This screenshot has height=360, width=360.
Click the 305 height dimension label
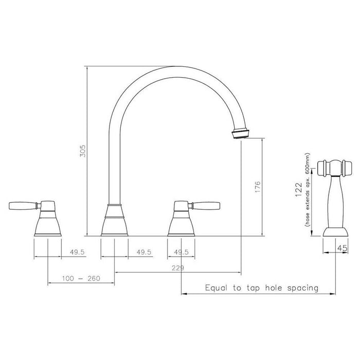[82, 151]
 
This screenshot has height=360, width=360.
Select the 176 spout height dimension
[258, 187]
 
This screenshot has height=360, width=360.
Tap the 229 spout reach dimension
[178, 268]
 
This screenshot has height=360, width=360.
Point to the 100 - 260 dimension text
[81, 279]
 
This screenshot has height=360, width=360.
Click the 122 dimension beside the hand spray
[299, 190]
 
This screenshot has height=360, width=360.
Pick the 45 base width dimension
[343, 248]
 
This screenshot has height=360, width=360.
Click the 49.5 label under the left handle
[77, 252]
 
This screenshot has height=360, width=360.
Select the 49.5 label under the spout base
[144, 252]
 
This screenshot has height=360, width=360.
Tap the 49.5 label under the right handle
[181, 252]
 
